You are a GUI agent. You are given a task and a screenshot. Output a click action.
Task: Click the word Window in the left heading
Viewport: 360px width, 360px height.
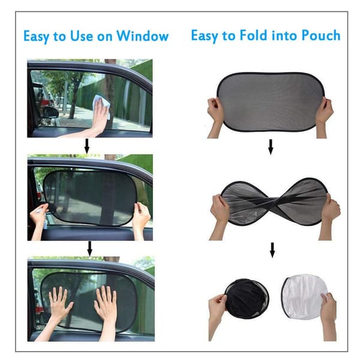(142, 36)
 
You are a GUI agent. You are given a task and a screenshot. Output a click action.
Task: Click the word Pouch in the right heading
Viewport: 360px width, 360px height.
(321, 35)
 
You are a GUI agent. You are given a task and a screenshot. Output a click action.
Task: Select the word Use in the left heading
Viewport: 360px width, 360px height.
(82, 36)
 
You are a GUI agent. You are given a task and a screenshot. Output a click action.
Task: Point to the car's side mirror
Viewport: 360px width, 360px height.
(50, 113)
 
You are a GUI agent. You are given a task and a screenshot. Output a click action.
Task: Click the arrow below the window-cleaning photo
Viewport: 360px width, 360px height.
(87, 146)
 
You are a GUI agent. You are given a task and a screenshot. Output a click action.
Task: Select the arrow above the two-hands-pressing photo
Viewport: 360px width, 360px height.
(89, 248)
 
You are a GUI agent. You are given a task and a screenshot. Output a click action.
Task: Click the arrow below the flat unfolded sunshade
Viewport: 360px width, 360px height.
(271, 147)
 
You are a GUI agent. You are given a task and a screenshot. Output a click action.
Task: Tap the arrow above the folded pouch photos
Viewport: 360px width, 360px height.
(272, 250)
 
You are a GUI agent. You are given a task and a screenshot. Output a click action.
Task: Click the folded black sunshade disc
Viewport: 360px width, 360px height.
(247, 298)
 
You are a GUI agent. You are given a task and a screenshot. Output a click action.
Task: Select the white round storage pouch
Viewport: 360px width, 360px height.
(305, 296)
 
